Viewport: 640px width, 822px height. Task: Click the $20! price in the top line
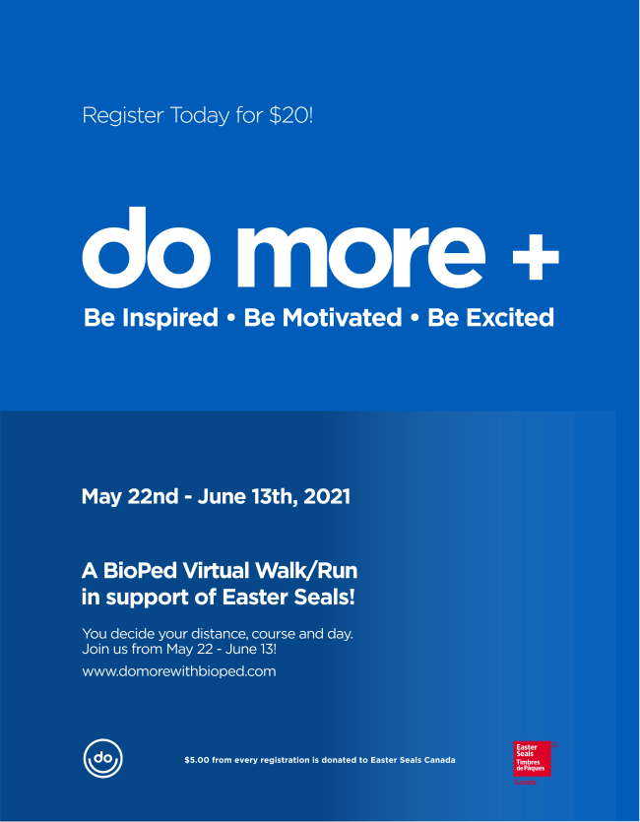point(290,116)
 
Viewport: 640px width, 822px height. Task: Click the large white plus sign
point(536,256)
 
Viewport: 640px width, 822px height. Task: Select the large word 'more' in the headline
point(361,255)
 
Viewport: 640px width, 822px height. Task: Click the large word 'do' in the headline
point(147,247)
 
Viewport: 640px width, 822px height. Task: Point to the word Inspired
point(169,318)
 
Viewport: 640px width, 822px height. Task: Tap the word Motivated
point(342,318)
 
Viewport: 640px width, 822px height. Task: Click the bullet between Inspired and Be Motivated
point(231,319)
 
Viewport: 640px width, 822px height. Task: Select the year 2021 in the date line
point(327,497)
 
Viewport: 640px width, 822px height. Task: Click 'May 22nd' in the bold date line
point(130,497)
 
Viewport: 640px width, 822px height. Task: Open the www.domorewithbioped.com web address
point(179,671)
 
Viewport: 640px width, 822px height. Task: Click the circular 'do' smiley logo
point(102,758)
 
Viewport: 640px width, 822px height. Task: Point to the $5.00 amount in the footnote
point(197,760)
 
